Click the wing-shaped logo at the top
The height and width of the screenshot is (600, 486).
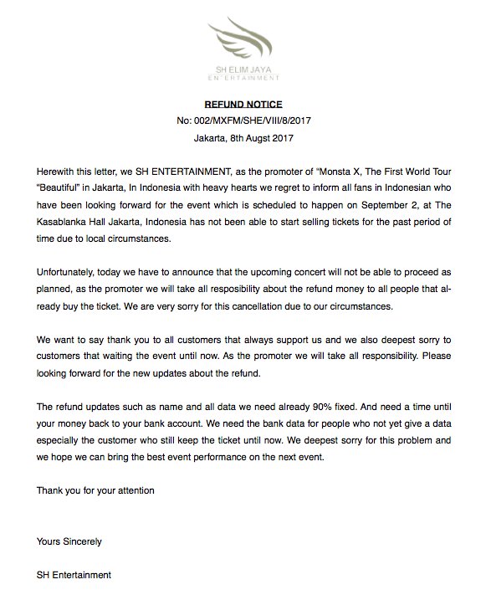[243, 38]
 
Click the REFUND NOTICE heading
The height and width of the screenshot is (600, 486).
[243, 105]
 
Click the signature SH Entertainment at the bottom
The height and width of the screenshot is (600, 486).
[74, 576]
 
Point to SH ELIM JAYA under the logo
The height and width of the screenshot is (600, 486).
[243, 71]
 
